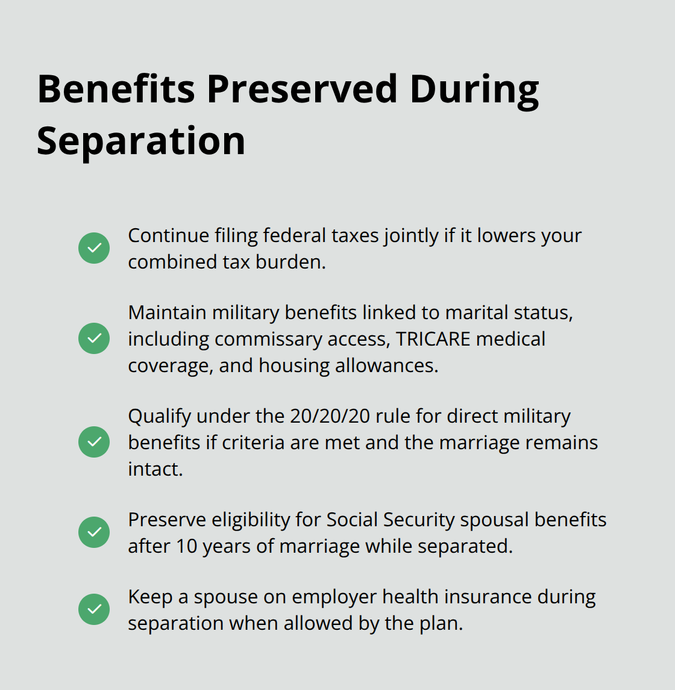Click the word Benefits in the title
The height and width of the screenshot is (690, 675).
116,89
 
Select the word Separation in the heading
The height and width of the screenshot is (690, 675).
141,141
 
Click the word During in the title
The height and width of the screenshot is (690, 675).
474,89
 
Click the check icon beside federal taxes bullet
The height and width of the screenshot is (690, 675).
94,248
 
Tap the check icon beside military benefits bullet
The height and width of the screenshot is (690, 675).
94,338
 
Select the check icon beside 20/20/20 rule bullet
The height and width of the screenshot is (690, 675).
94,442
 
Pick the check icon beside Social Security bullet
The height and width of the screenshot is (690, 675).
94,532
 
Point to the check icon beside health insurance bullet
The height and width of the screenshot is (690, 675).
94,609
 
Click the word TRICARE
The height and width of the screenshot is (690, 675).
433,339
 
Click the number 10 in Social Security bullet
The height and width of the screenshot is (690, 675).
186,546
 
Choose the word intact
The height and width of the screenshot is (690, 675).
155,469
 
